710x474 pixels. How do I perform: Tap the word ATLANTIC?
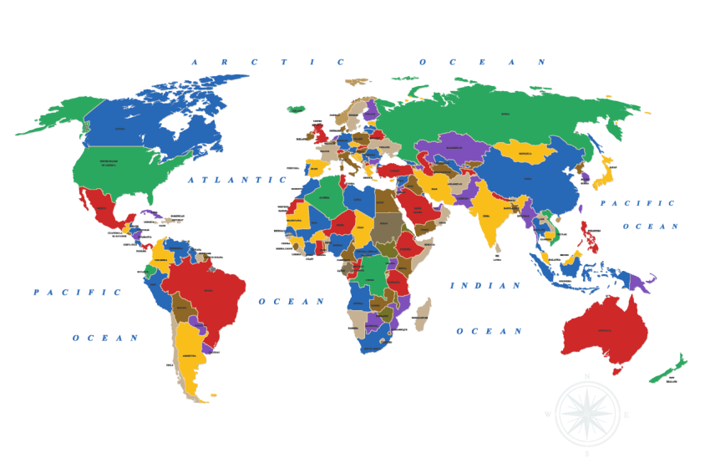[237, 180]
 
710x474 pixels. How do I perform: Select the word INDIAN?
[485, 286]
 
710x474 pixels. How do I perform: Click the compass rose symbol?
[587, 413]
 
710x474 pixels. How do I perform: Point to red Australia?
[605, 330]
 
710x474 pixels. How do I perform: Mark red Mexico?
[102, 209]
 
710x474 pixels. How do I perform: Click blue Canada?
[134, 125]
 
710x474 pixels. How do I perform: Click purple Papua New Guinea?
[642, 281]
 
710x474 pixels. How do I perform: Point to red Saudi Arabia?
[418, 205]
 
